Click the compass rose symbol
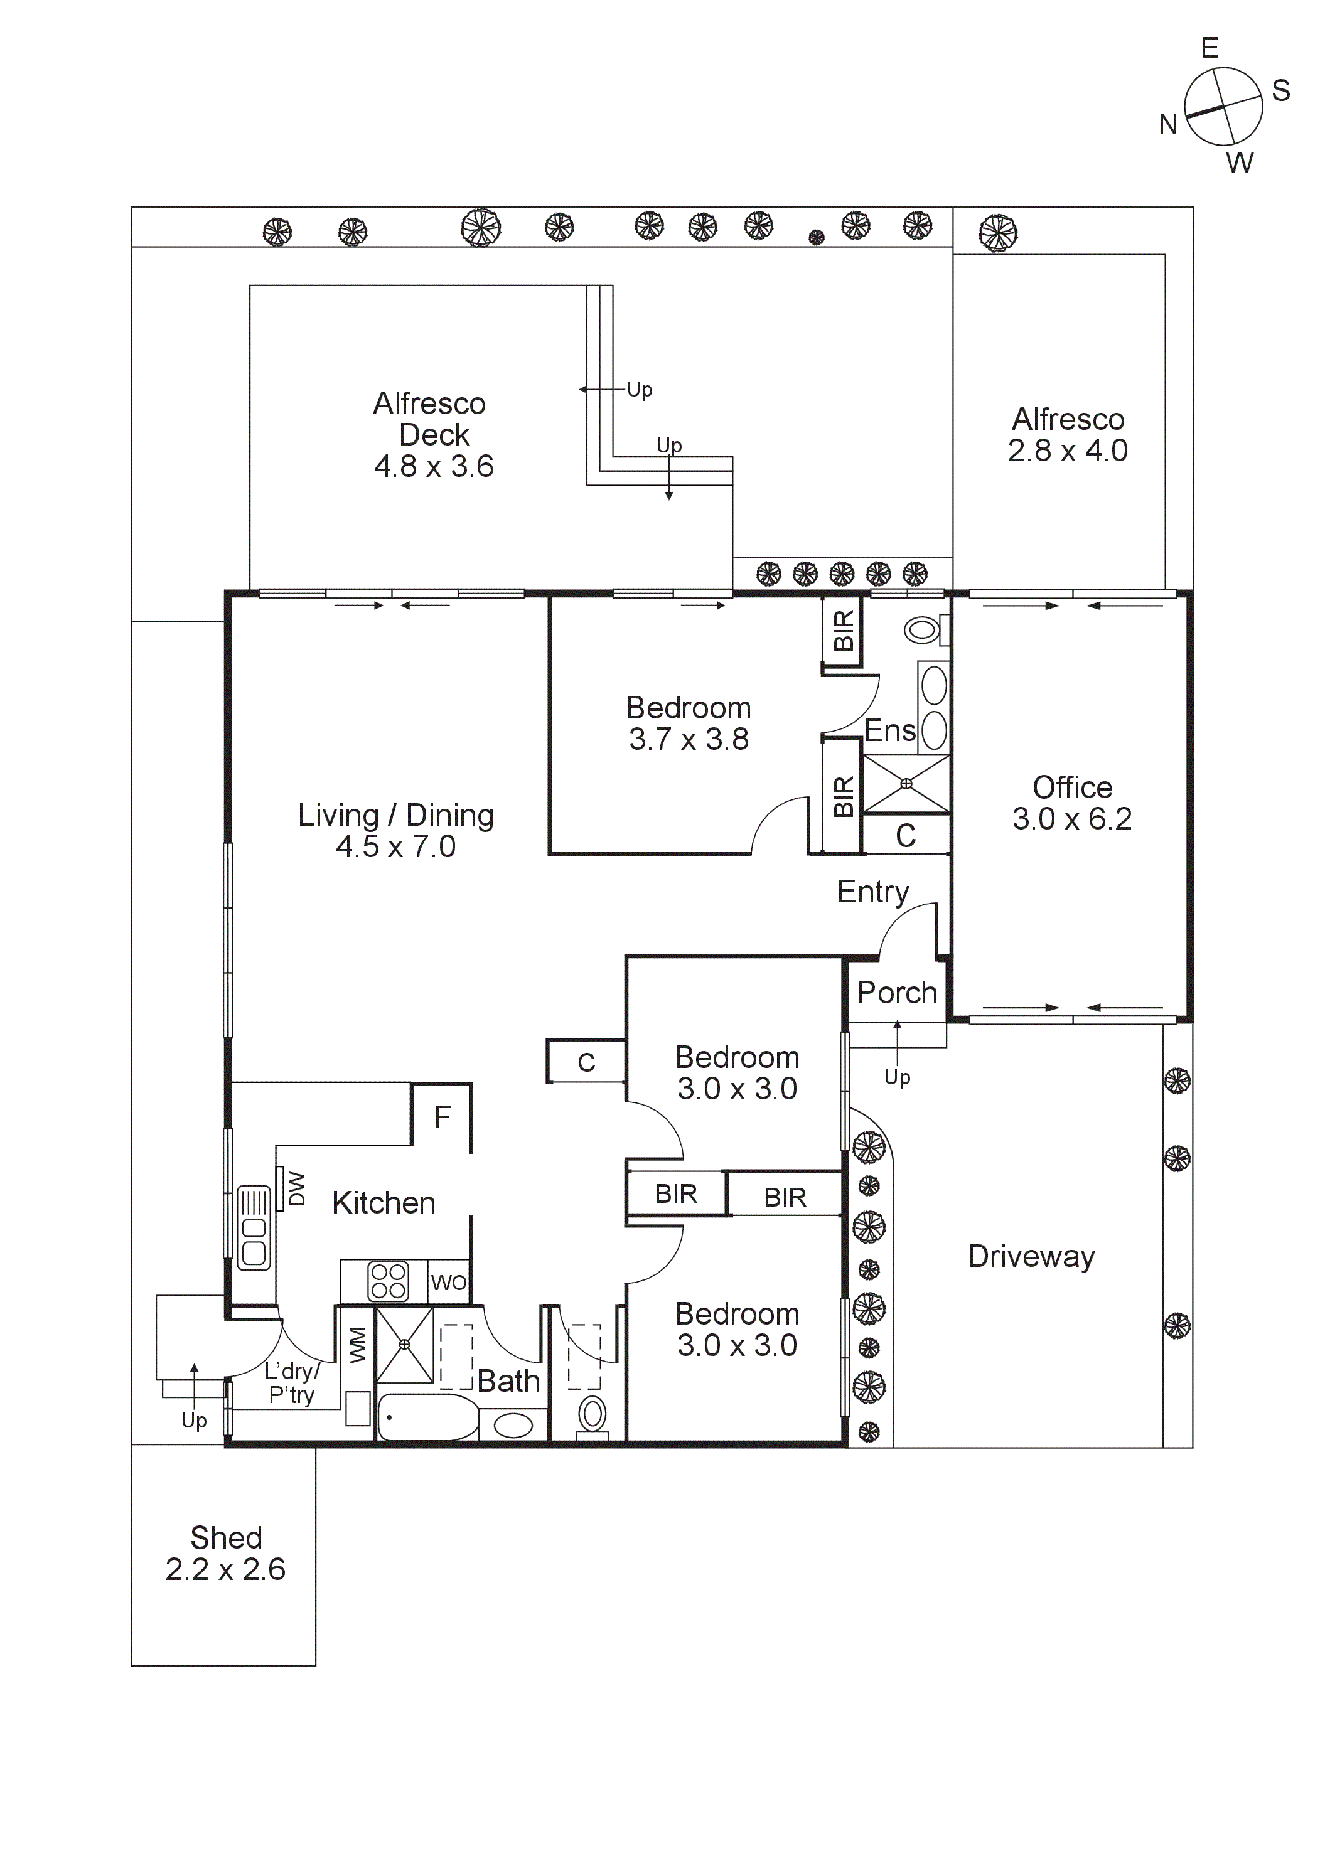pyautogui.click(x=1223, y=107)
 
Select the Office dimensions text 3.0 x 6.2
pyautogui.click(x=1072, y=819)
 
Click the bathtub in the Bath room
pyautogui.click(x=427, y=1418)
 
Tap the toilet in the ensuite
pyautogui.click(x=925, y=630)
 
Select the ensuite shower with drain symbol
pyautogui.click(x=906, y=784)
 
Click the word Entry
pyautogui.click(x=873, y=892)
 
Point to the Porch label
pyautogui.click(x=897, y=993)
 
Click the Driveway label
pyautogui.click(x=1031, y=1256)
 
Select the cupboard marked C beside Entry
pyautogui.click(x=906, y=835)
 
